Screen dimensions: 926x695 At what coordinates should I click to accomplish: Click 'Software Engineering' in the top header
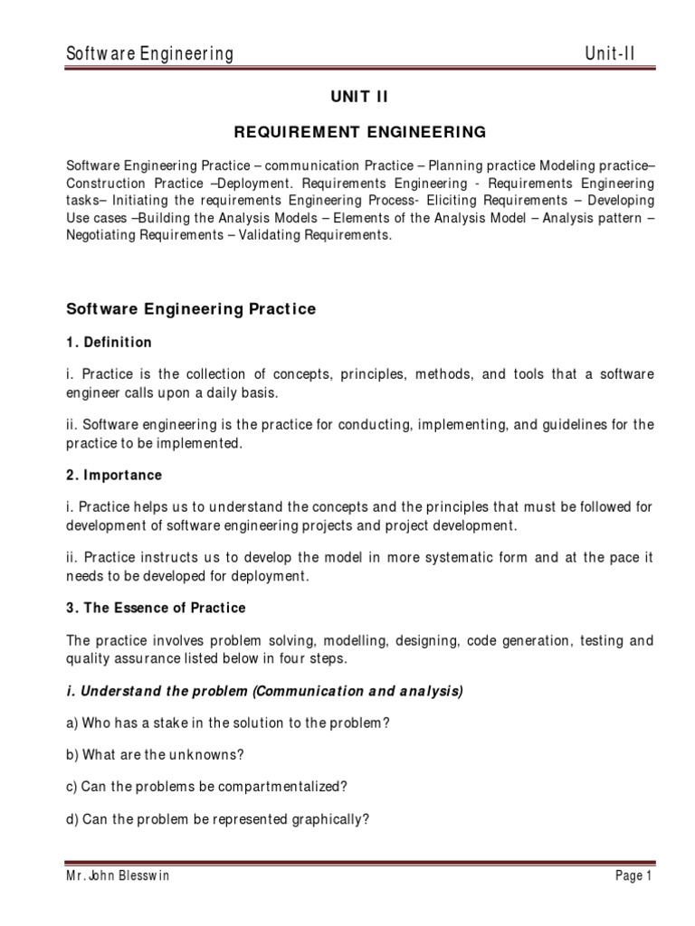(150, 54)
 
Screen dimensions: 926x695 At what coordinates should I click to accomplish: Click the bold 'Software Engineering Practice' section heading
(192, 309)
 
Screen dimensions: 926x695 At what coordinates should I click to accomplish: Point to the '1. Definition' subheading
(109, 343)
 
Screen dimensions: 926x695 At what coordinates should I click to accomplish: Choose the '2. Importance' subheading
(115, 475)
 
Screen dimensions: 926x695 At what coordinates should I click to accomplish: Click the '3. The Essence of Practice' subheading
(157, 608)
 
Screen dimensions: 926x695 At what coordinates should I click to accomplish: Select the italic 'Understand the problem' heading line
(265, 692)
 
